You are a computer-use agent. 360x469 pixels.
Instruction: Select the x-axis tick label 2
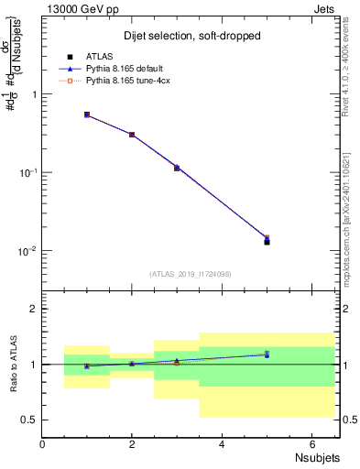[x=133, y=443]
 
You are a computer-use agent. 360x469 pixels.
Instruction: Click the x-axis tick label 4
[x=223, y=443]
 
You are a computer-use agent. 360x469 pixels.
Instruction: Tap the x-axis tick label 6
[x=312, y=443]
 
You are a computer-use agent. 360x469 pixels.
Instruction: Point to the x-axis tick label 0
[x=43, y=443]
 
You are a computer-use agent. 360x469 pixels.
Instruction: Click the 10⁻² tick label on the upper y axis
[x=27, y=251]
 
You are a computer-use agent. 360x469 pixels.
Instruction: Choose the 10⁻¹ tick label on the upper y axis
[x=27, y=172]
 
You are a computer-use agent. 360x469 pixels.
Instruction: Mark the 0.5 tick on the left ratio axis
[x=29, y=420]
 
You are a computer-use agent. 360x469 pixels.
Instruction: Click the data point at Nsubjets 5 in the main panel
[x=267, y=242]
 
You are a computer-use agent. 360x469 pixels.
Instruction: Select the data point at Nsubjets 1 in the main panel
[x=87, y=115]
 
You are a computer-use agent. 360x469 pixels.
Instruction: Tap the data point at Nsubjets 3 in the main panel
[x=177, y=168]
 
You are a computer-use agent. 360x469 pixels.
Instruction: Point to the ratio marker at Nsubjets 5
[x=267, y=354]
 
